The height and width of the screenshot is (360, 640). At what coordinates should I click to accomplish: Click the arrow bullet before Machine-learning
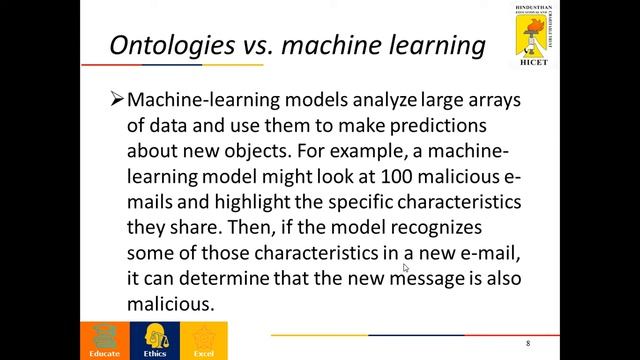point(116,102)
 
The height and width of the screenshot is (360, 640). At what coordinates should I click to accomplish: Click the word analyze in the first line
point(380,102)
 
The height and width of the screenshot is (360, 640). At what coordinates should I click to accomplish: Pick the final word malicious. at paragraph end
point(171,302)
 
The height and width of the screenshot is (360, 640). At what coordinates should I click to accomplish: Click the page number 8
point(528,344)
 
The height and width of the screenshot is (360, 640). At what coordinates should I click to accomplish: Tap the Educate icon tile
point(104,340)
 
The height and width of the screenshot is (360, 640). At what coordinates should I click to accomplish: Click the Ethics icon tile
point(154,340)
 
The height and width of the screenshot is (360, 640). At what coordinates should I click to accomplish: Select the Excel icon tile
point(203,340)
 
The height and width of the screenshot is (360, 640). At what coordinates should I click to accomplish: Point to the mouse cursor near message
point(406,268)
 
